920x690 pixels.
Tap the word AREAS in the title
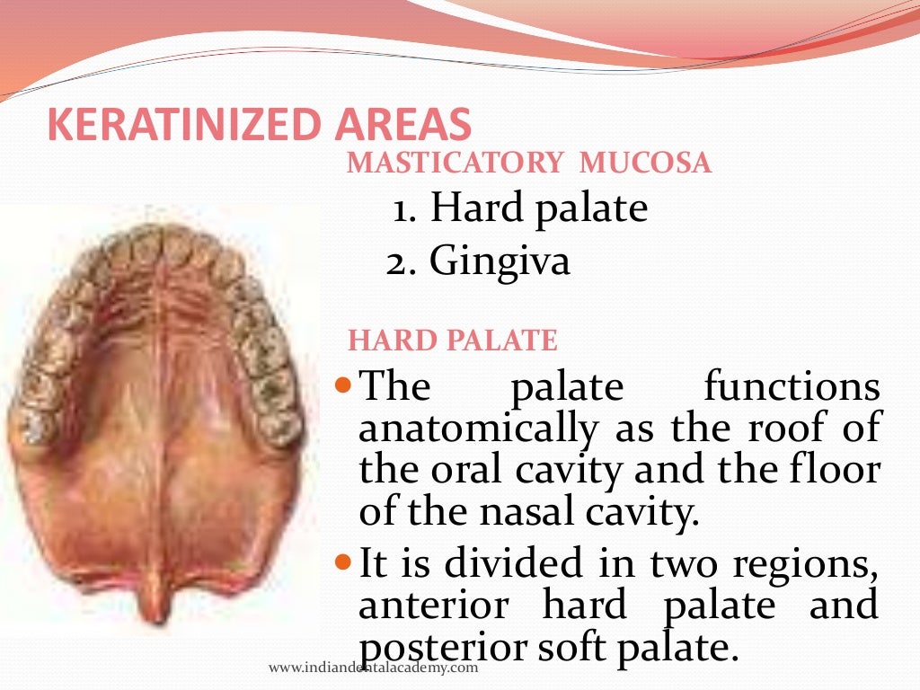pyautogui.click(x=399, y=125)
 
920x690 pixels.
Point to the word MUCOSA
pyautogui.click(x=646, y=164)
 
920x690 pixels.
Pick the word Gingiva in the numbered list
pyautogui.click(x=500, y=261)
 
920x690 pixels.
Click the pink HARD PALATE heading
pyautogui.click(x=453, y=341)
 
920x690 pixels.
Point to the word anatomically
pyautogui.click(x=477, y=429)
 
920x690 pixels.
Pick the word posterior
pyautogui.click(x=430, y=650)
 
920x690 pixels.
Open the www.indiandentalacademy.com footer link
pyautogui.click(x=373, y=668)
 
